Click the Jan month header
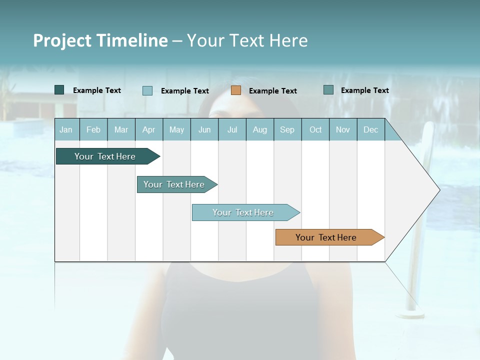click(66, 129)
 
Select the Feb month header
click(93, 129)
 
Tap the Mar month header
click(121, 129)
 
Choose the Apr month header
click(149, 129)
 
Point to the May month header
click(176, 129)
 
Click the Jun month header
click(204, 129)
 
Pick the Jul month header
click(232, 129)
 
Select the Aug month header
click(260, 129)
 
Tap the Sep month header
click(287, 129)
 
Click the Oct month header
click(315, 129)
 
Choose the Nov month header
click(343, 129)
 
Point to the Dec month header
click(371, 129)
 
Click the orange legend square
click(236, 90)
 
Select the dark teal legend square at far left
click(59, 90)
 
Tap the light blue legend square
click(147, 90)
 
